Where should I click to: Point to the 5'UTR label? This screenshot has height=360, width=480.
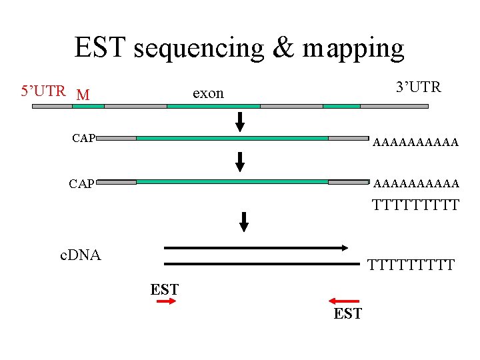pyautogui.click(x=43, y=91)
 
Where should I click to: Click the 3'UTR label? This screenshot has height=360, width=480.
pyautogui.click(x=418, y=87)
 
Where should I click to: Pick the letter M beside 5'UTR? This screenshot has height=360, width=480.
pyautogui.click(x=83, y=95)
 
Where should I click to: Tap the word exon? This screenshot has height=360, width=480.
pyautogui.click(x=208, y=93)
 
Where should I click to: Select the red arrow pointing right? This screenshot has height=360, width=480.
pyautogui.click(x=165, y=302)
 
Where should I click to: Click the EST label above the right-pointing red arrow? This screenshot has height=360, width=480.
pyautogui.click(x=164, y=289)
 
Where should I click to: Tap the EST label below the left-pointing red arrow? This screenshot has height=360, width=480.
pyautogui.click(x=348, y=313)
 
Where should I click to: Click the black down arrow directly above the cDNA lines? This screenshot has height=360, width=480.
pyautogui.click(x=244, y=221)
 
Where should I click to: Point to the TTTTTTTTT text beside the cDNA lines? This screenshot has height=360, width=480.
pyautogui.click(x=411, y=265)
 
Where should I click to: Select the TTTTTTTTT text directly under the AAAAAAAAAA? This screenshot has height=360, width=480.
pyautogui.click(x=416, y=205)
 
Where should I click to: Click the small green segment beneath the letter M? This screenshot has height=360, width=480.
pyautogui.click(x=88, y=106)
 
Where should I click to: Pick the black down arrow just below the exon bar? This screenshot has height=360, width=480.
pyautogui.click(x=241, y=122)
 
